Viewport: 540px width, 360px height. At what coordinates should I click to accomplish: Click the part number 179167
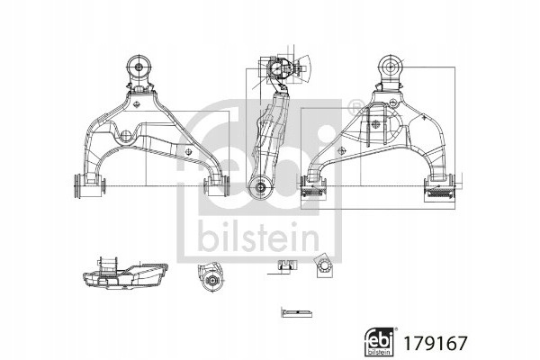click(435, 342)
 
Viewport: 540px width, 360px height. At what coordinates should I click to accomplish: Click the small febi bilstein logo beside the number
click(379, 342)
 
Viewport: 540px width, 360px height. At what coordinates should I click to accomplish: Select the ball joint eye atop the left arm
click(139, 67)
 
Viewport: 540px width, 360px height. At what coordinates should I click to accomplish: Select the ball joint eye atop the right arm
click(391, 67)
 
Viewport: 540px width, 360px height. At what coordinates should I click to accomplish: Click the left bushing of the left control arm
click(90, 185)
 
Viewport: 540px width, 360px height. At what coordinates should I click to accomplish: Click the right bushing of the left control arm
click(217, 185)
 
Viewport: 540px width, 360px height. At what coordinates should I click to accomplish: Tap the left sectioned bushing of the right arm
click(313, 188)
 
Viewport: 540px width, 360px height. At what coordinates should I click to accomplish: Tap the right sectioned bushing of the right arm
click(440, 188)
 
